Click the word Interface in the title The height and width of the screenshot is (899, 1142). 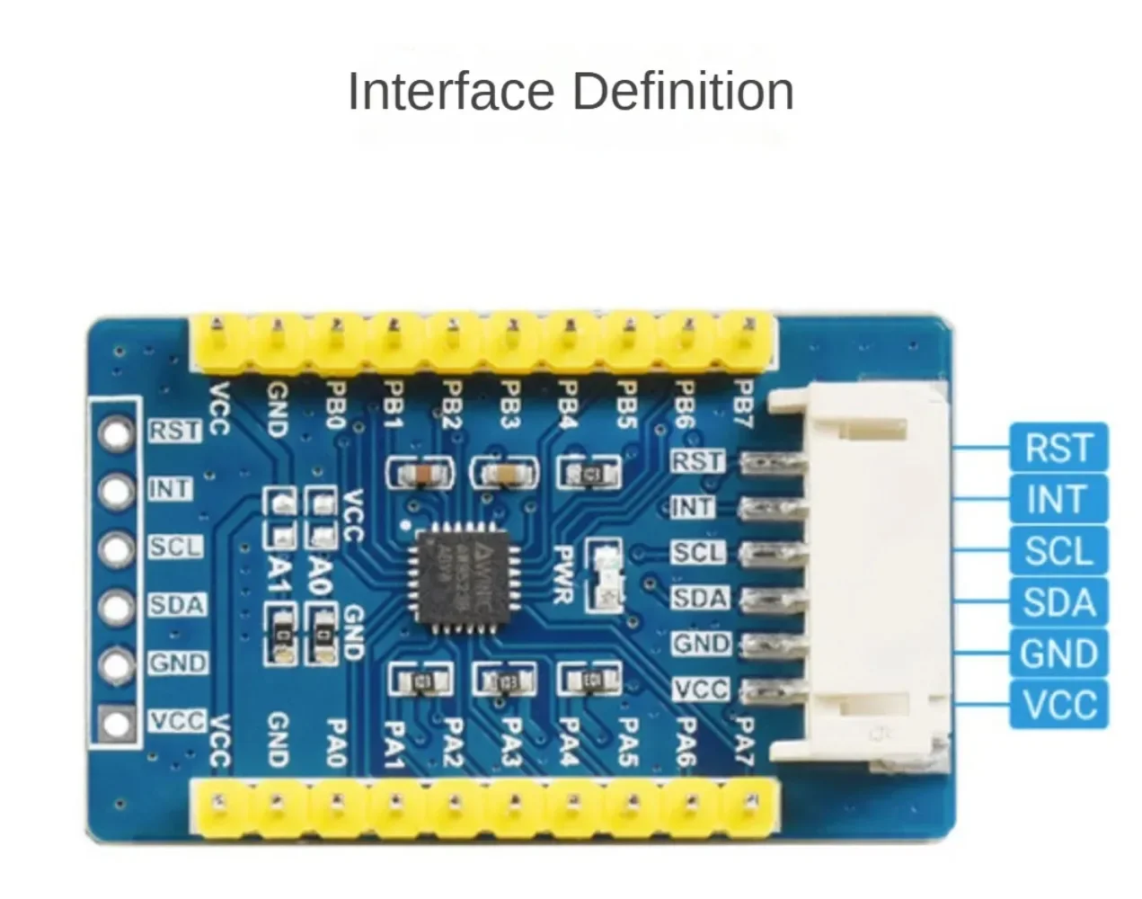pyautogui.click(x=451, y=92)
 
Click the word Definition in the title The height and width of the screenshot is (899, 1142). pyautogui.click(x=683, y=92)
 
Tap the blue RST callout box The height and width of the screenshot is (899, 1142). pyautogui.click(x=1059, y=448)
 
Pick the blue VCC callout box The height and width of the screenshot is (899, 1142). pyautogui.click(x=1059, y=704)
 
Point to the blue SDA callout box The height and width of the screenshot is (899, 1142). pyautogui.click(x=1059, y=602)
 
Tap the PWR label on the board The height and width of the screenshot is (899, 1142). pyautogui.click(x=563, y=575)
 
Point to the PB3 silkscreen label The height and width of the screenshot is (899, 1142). pyautogui.click(x=510, y=405)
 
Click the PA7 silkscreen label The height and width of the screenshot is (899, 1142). pyautogui.click(x=743, y=742)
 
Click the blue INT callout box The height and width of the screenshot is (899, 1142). pyautogui.click(x=1059, y=499)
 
